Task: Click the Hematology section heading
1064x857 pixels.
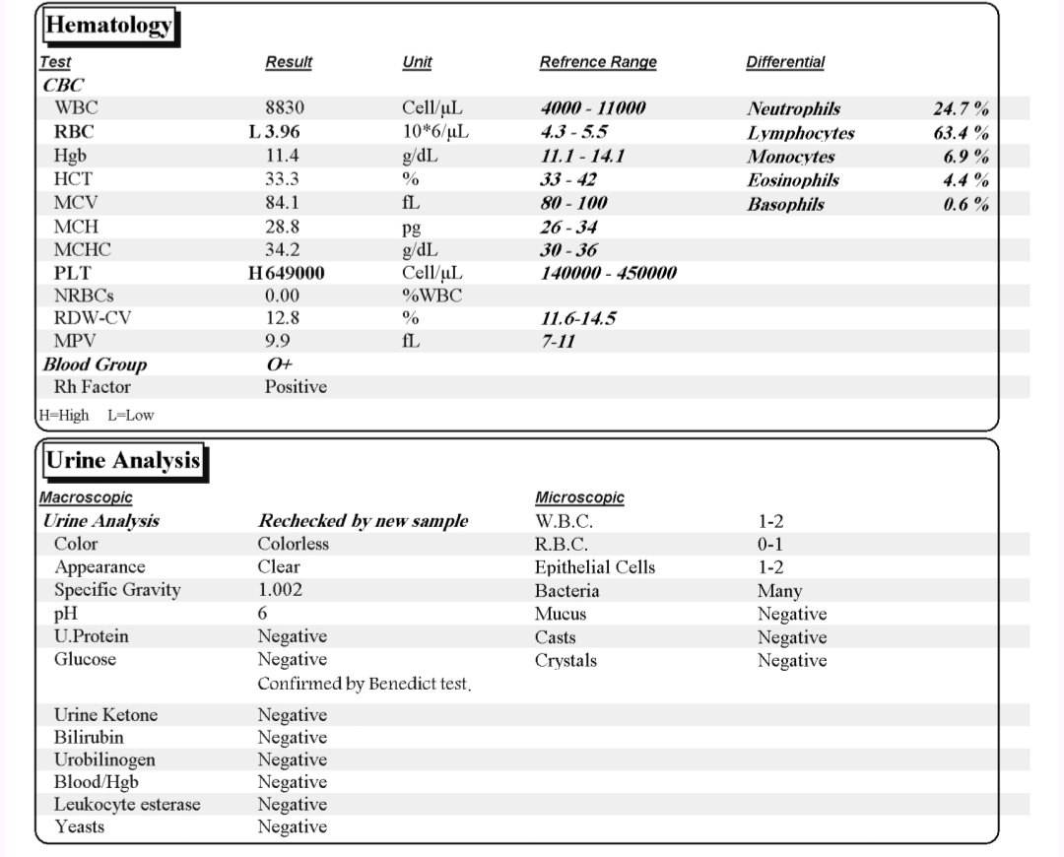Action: point(108,26)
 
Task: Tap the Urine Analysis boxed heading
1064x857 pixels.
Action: point(123,460)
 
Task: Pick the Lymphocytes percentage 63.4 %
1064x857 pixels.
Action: point(962,133)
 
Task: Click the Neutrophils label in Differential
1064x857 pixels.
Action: point(793,109)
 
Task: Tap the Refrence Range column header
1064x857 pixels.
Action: point(597,62)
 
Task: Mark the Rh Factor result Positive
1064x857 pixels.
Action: point(296,387)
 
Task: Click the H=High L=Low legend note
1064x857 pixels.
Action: point(97,415)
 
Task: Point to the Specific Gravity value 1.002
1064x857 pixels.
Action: point(280,590)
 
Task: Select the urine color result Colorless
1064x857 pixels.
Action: point(293,544)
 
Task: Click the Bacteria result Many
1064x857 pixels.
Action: point(779,591)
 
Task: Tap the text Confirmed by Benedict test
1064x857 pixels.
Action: point(364,684)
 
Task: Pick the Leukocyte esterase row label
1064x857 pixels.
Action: point(127,805)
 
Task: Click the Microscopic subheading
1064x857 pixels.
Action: point(578,498)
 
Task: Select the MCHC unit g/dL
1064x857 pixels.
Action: point(420,250)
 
